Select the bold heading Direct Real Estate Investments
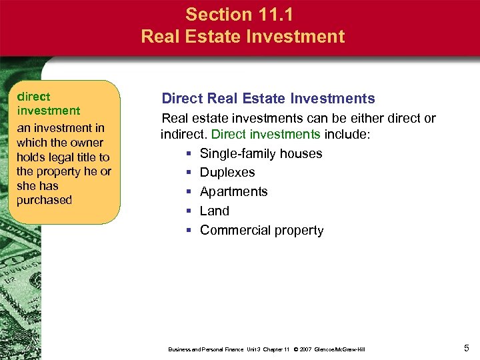(269, 99)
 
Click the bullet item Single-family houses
(261, 153)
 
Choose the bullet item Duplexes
(227, 172)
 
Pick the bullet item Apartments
(233, 191)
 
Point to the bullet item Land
(214, 211)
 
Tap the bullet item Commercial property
(261, 230)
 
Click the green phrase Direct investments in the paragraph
(265, 134)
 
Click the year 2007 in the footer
(302, 349)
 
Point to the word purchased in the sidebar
(44, 200)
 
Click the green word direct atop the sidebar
(33, 97)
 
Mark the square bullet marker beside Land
(189, 211)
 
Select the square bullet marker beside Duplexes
(189, 173)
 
